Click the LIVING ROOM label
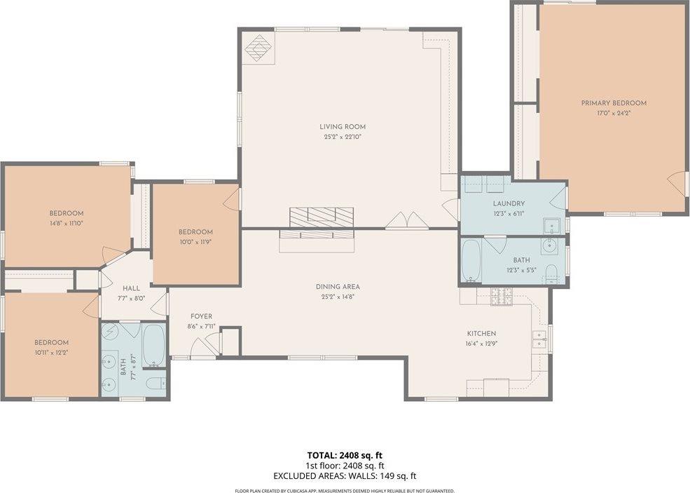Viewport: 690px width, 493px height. click(x=343, y=127)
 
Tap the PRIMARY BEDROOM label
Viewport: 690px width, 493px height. click(x=614, y=103)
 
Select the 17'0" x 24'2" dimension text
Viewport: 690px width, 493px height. click(x=614, y=113)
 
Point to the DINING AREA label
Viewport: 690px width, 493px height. click(x=337, y=286)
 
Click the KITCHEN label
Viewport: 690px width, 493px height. click(x=482, y=333)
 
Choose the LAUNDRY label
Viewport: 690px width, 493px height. click(x=509, y=203)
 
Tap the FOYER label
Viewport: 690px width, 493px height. click(x=201, y=316)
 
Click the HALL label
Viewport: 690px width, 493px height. click(x=131, y=288)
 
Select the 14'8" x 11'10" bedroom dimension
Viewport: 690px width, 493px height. click(x=67, y=224)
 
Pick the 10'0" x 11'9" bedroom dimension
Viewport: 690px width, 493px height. click(x=195, y=242)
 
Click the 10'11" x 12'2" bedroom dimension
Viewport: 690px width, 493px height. click(x=52, y=352)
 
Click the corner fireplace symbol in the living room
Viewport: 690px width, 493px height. click(x=259, y=48)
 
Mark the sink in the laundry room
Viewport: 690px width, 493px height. click(x=550, y=226)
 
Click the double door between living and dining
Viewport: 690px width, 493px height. click(x=407, y=221)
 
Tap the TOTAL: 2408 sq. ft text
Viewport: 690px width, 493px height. click(x=345, y=455)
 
